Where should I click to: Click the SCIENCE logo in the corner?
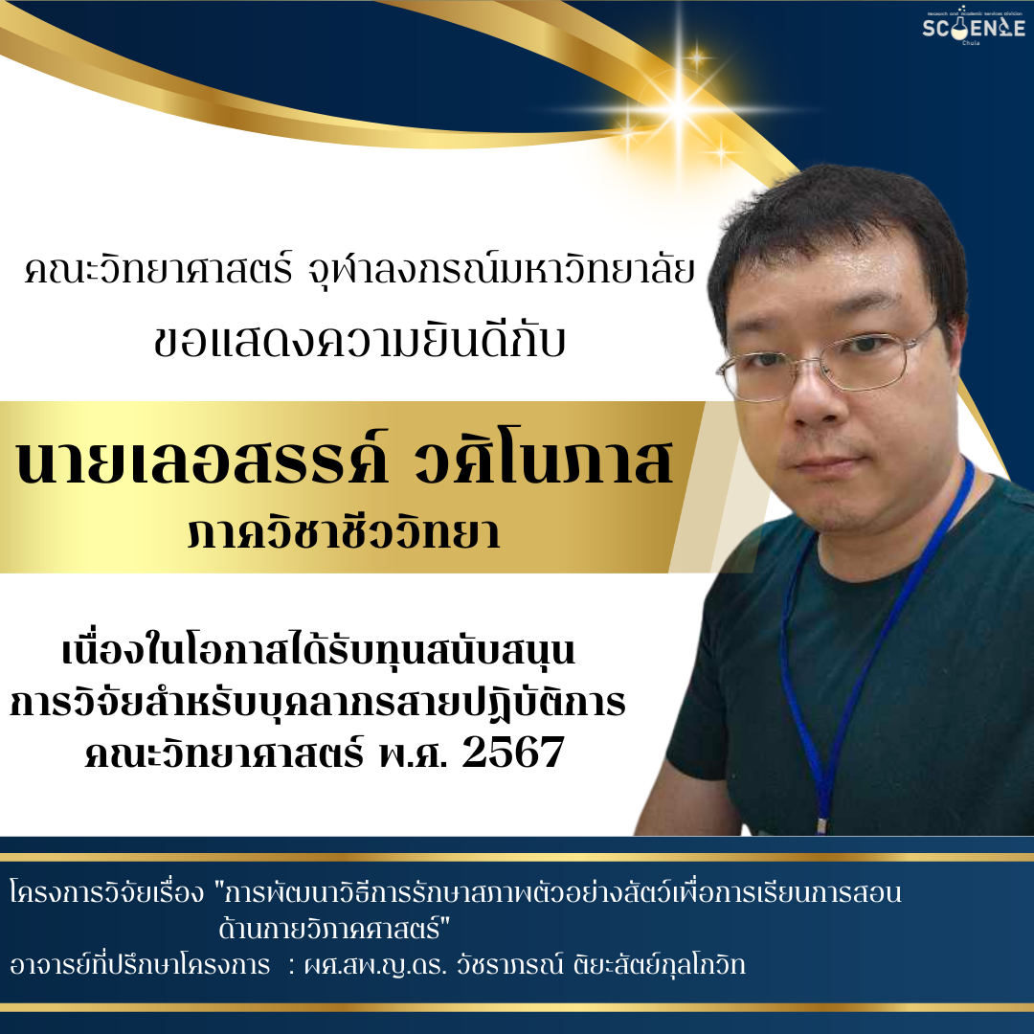pyautogui.click(x=974, y=27)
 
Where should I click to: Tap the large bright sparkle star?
pyautogui.click(x=680, y=105)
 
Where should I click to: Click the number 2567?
pyautogui.click(x=513, y=752)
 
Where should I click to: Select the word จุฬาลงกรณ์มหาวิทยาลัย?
pyautogui.click(x=502, y=271)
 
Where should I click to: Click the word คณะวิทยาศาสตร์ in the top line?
pyautogui.click(x=158, y=271)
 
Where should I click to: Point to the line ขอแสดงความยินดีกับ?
pyautogui.click(x=360, y=343)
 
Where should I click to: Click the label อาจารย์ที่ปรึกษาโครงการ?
pyautogui.click(x=140, y=965)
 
